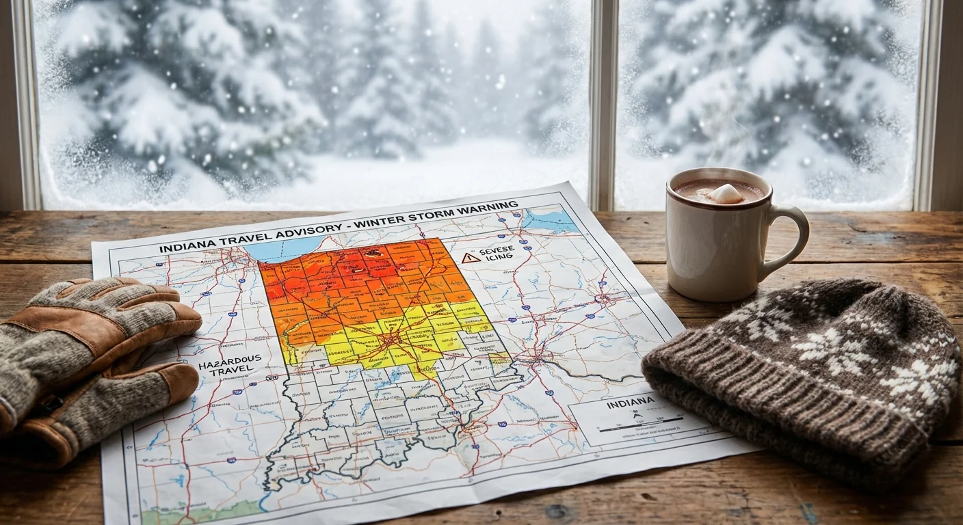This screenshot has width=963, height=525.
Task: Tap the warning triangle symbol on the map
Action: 469,258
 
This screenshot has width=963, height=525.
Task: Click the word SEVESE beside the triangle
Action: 497,251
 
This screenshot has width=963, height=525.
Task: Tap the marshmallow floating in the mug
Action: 725,193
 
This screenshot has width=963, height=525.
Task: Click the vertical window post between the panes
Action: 603,103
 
